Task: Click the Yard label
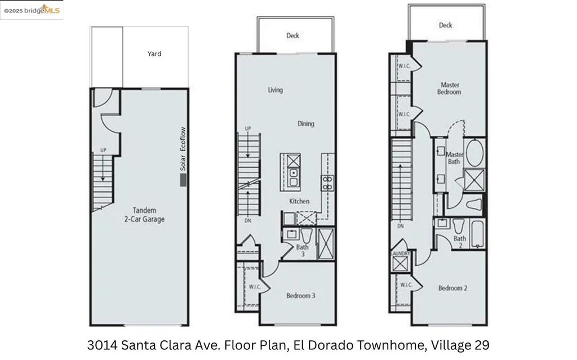[x=154, y=54]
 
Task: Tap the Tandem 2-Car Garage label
[x=144, y=215]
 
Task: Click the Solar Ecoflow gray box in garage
[x=183, y=180]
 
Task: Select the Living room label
[x=275, y=90]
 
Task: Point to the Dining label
[x=306, y=124]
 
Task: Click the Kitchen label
[x=299, y=201]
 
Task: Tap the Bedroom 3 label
[x=301, y=296]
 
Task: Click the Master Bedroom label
[x=449, y=88]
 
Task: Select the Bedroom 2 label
[x=452, y=288]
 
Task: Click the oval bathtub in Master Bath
[x=474, y=152]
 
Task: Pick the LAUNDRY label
[x=400, y=254]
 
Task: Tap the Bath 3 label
[x=303, y=250]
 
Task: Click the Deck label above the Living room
[x=292, y=35]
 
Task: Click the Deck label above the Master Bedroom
[x=445, y=25]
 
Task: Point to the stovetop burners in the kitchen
[x=327, y=183]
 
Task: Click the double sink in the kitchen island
[x=294, y=177]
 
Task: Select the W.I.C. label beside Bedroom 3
[x=255, y=287]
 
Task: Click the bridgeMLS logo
[x=32, y=10]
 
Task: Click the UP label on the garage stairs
[x=104, y=150]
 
